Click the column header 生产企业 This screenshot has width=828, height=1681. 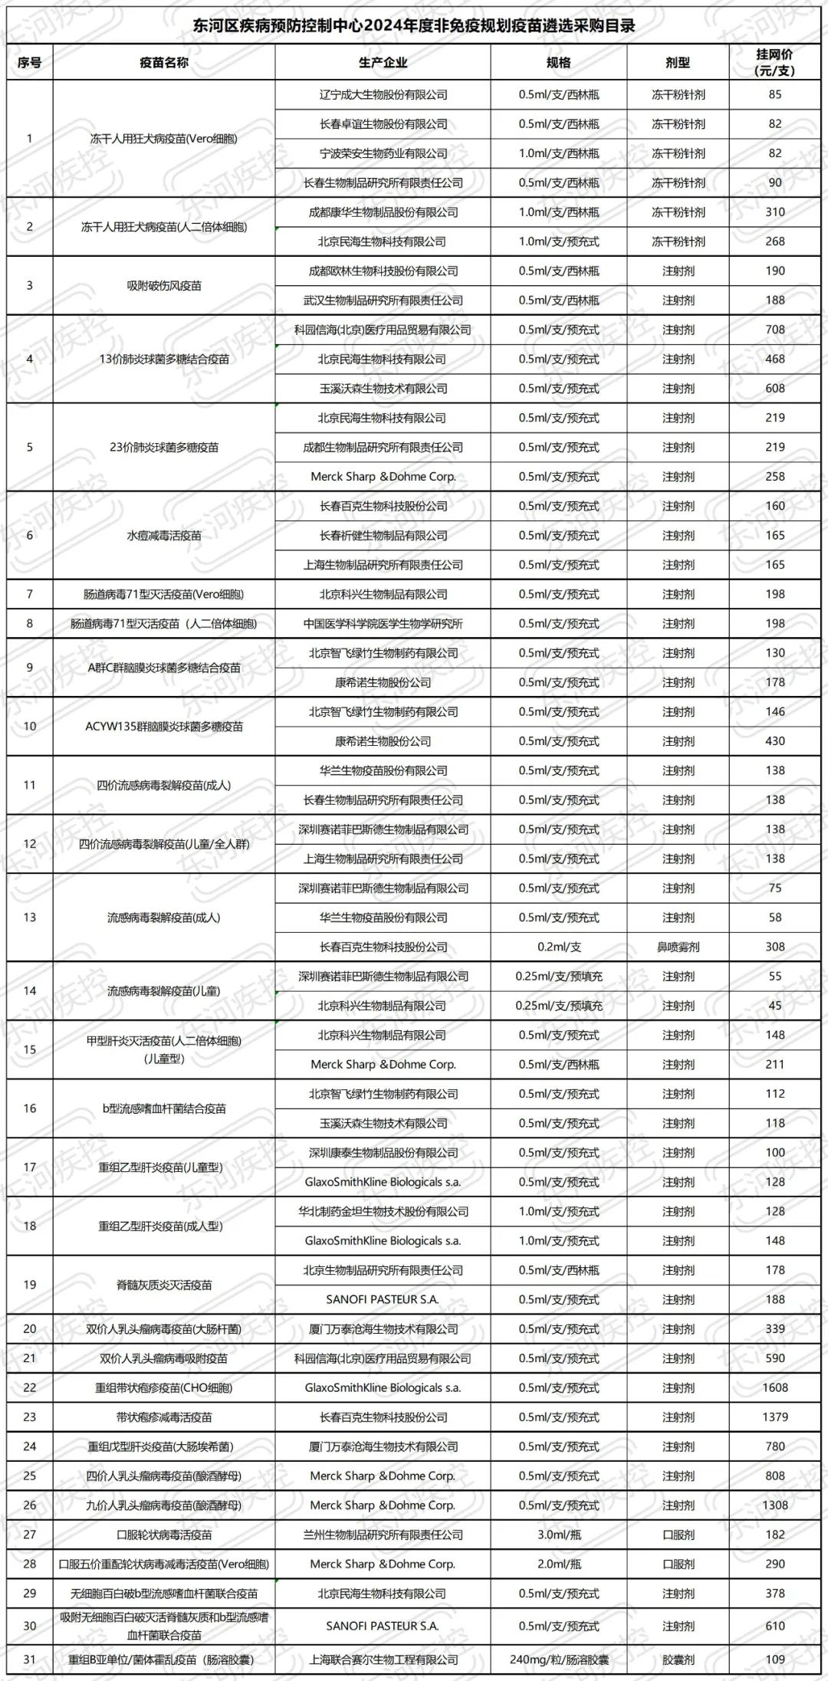[x=383, y=63]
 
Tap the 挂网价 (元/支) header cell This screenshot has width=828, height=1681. [x=775, y=63]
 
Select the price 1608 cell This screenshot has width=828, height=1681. [x=775, y=1387]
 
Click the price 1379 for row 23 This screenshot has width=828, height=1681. [x=775, y=1417]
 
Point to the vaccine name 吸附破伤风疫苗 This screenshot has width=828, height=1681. [x=164, y=285]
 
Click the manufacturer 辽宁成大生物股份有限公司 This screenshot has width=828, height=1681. [x=383, y=95]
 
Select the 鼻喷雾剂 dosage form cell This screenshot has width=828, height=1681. [x=678, y=947]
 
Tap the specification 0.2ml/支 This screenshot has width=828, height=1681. [x=559, y=947]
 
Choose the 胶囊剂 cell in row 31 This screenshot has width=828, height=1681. [x=678, y=1660]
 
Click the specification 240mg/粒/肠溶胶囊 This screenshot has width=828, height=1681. [x=559, y=1660]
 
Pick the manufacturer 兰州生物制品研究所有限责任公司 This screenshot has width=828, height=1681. [x=383, y=1535]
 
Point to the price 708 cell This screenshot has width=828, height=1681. [x=775, y=330]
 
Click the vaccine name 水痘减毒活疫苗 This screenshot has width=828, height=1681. [x=164, y=535]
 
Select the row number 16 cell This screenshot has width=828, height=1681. [x=30, y=1108]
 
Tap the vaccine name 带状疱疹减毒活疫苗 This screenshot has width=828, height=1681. [x=164, y=1417]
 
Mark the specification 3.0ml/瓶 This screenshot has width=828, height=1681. [x=559, y=1535]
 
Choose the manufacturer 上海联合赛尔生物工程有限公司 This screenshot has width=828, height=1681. [x=383, y=1660]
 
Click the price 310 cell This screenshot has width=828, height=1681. [x=775, y=212]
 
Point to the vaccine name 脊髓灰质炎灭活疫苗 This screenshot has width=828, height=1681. [x=164, y=1285]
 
